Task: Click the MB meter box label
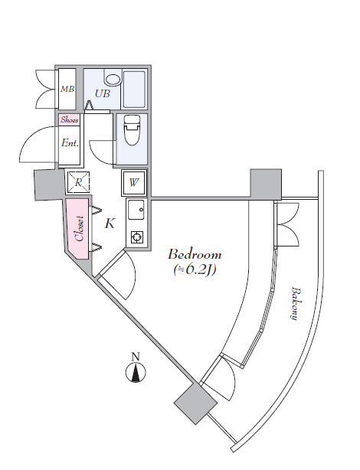tap(67, 89)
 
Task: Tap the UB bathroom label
tap(103, 93)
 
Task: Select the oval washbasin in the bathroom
tap(113, 80)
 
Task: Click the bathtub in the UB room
tap(134, 90)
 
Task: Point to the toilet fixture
tap(133, 130)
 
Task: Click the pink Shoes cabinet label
tap(70, 119)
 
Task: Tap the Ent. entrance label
tap(70, 142)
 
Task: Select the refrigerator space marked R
tap(79, 181)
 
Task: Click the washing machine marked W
tap(134, 182)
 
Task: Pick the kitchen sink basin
tap(136, 210)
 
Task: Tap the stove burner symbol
tap(137, 237)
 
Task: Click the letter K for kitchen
tap(110, 223)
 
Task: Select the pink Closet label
tap(80, 228)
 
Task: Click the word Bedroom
tap(195, 254)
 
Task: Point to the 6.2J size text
tap(195, 269)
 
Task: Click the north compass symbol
tap(136, 372)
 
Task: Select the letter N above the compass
tap(136, 357)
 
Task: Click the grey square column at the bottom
tap(195, 403)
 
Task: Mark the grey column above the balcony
tap(266, 184)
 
